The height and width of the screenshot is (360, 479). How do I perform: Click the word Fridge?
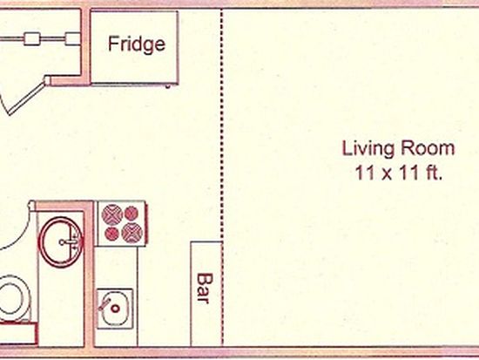tap(137, 44)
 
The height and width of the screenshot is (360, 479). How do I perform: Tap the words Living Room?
tap(398, 149)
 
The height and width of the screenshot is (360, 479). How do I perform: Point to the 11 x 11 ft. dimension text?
tap(399, 173)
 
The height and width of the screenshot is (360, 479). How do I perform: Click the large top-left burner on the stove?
tap(112, 214)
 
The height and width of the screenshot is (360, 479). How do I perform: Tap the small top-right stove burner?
tap(132, 214)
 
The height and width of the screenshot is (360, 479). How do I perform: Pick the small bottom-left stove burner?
tap(111, 234)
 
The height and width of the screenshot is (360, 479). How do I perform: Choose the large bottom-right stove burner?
tap(132, 233)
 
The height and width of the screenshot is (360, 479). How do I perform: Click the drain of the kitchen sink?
tap(115, 309)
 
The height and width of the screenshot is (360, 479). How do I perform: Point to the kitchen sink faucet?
tap(104, 303)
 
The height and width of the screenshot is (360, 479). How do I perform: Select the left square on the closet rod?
tap(31, 39)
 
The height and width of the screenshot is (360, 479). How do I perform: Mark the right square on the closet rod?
tap(72, 39)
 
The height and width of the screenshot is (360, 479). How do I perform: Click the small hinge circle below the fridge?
tap(168, 87)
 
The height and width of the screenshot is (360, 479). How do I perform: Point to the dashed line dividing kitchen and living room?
tap(222, 178)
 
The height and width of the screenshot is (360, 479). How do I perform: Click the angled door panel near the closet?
tap(28, 98)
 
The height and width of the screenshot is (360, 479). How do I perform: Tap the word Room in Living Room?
tap(428, 148)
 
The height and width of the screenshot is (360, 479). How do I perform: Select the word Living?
tap(368, 149)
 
